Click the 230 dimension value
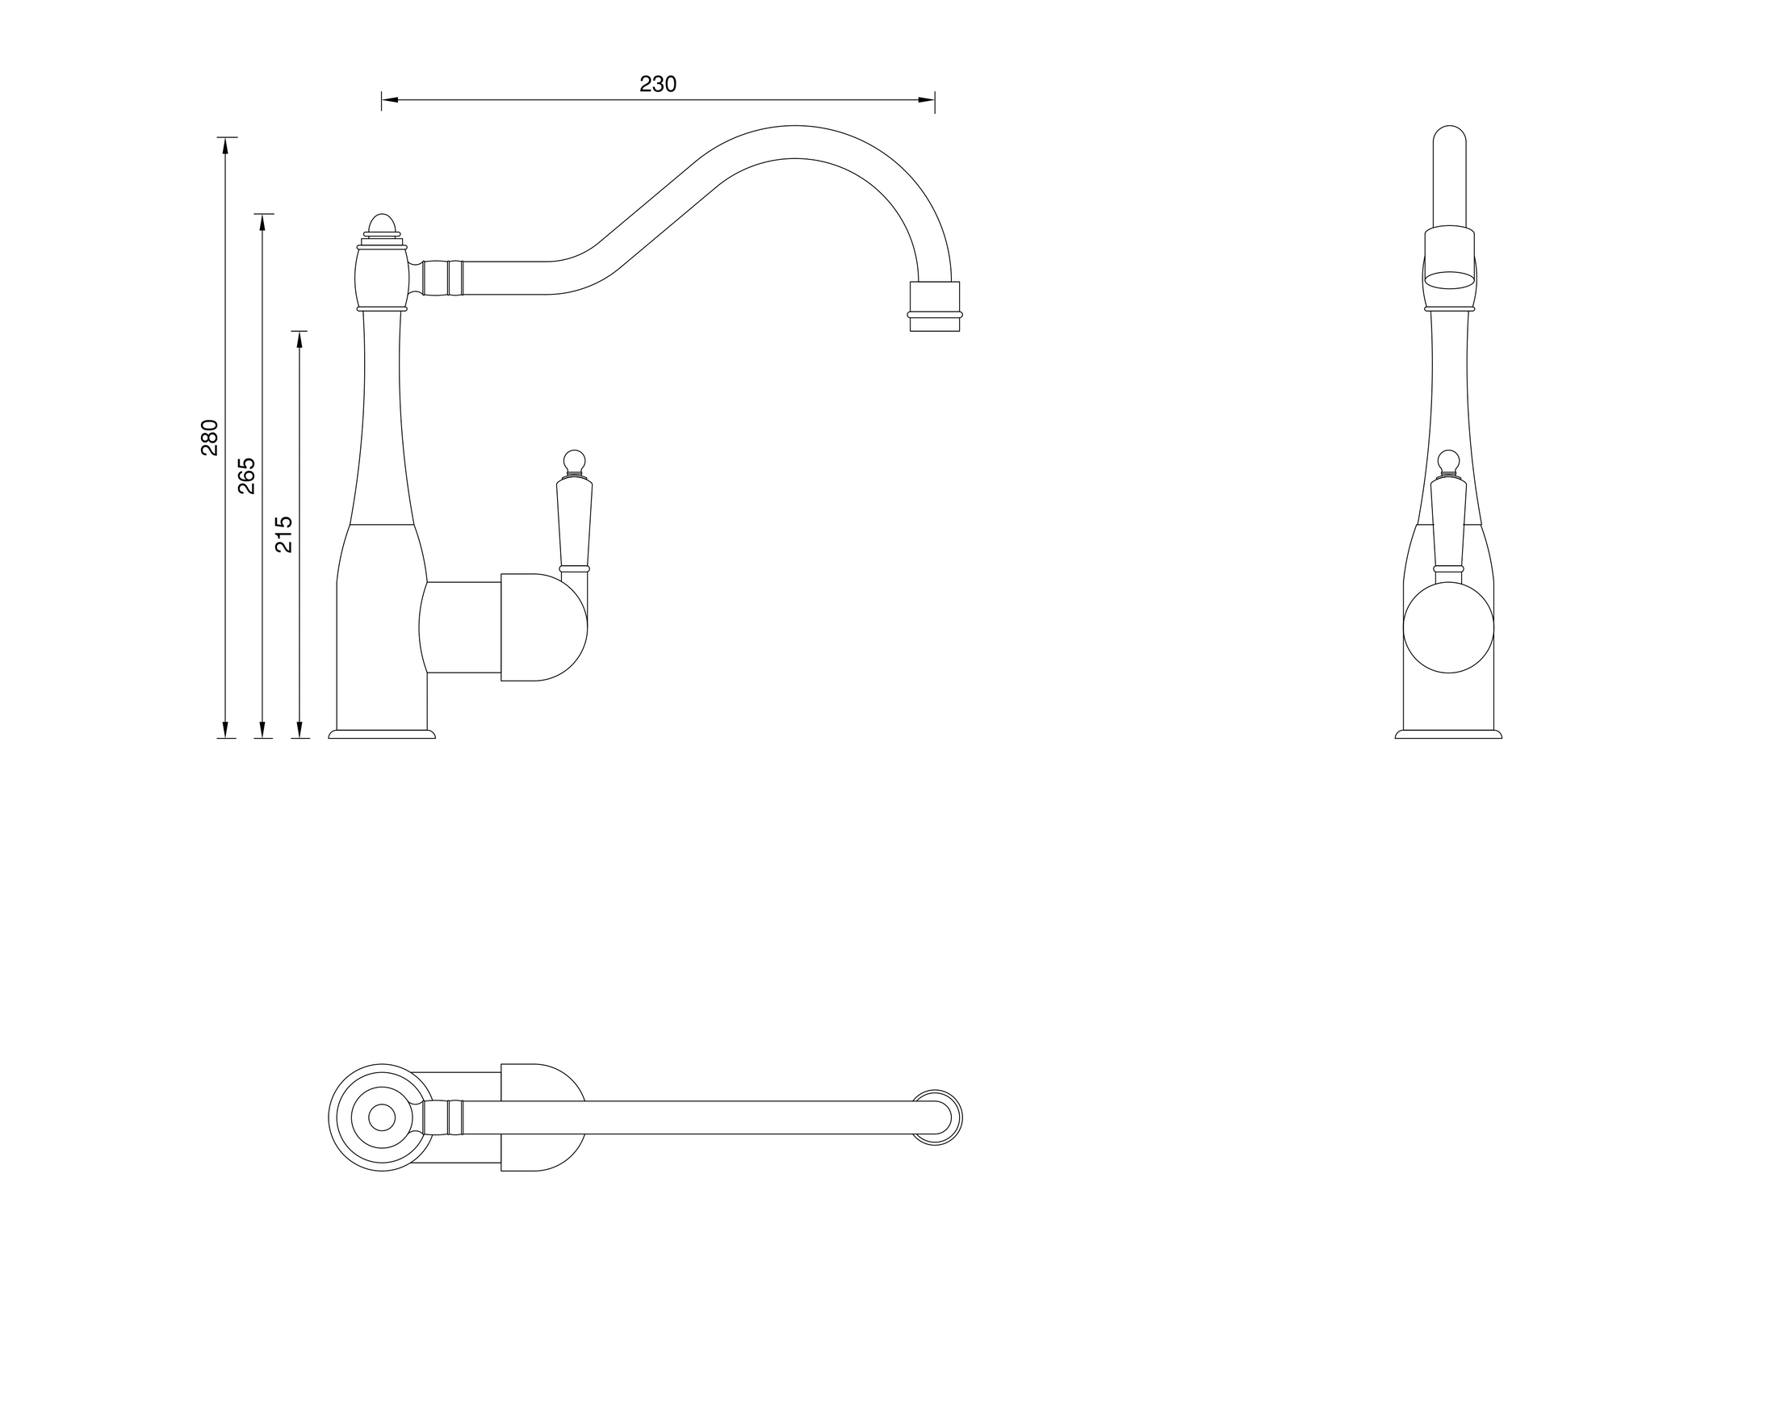[657, 84]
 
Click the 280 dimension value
[209, 438]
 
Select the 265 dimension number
[246, 476]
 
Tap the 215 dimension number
[283, 534]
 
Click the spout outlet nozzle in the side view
[934, 307]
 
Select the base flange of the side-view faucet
[381, 734]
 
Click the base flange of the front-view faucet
[1448, 734]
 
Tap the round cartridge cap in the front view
[1448, 627]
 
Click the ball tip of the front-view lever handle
[1448, 459]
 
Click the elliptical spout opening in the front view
[1450, 280]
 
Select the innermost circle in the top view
[381, 1118]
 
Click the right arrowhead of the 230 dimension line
[927, 99]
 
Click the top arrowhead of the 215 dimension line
[299, 338]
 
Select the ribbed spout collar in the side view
[442, 278]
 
